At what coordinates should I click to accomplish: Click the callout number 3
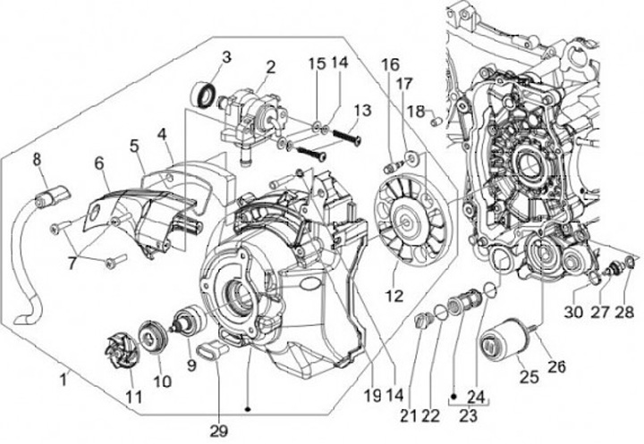click(x=226, y=57)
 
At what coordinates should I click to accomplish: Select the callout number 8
click(x=38, y=160)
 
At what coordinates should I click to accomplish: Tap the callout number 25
click(x=529, y=378)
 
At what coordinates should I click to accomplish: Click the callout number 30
click(x=572, y=312)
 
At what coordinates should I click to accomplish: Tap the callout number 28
click(x=625, y=312)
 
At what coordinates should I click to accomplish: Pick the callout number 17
click(x=405, y=84)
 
